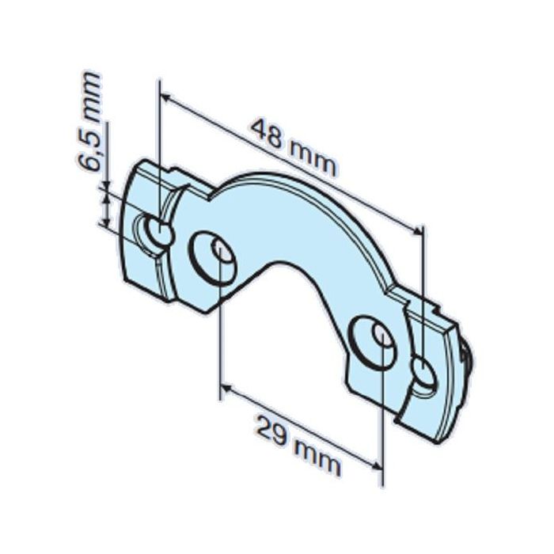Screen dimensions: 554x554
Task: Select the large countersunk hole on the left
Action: point(213,256)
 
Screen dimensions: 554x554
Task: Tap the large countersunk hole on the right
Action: point(374,341)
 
